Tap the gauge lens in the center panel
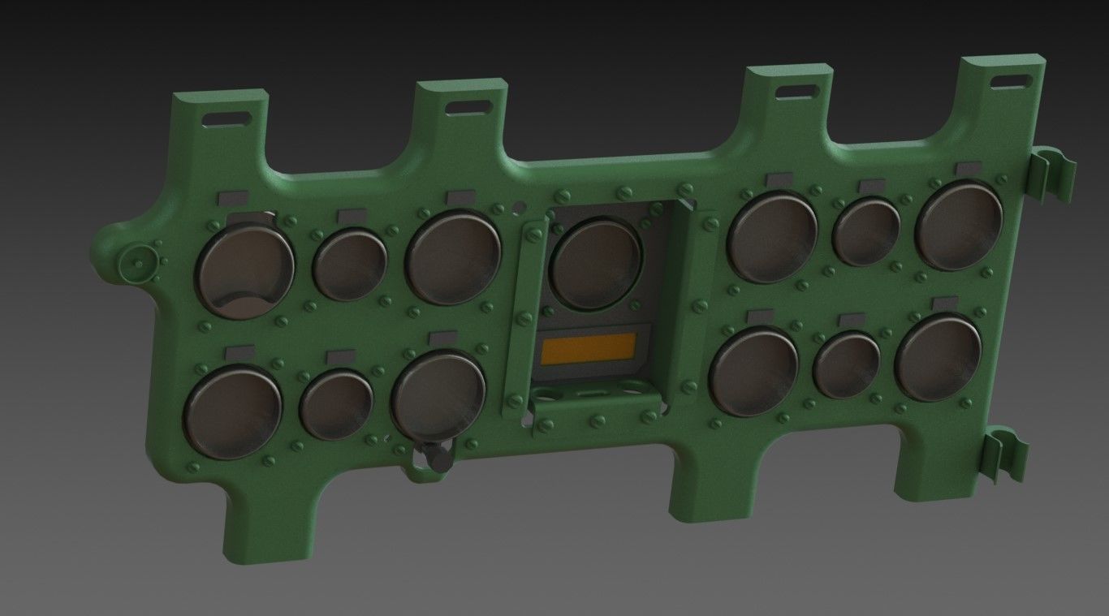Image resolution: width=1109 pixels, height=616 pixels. [x=597, y=263]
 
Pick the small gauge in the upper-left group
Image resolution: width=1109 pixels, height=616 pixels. [x=350, y=265]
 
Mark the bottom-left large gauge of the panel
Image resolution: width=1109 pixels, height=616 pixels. [x=233, y=411]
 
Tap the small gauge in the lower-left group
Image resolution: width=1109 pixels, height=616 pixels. [x=337, y=403]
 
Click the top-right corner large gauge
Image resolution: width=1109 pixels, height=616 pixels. [x=959, y=225]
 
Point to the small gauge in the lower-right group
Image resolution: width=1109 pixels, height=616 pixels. [x=848, y=364]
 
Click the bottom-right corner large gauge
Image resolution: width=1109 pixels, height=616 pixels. [x=939, y=358]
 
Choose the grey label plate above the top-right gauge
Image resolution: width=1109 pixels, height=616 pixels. [x=969, y=169]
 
